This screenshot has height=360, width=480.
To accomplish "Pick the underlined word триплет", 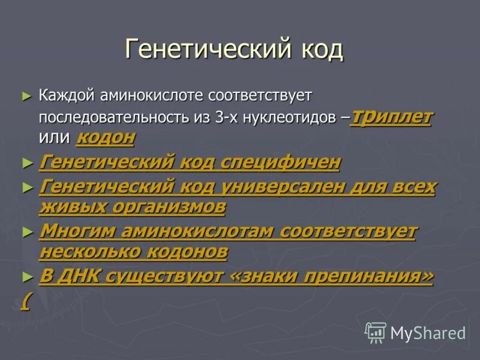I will (x=393, y=116).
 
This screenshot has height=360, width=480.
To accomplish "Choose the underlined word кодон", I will (x=106, y=138).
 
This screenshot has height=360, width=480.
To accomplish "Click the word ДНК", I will (x=80, y=277).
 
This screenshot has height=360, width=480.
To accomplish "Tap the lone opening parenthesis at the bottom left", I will (x=24, y=300).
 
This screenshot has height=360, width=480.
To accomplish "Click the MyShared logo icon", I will (x=376, y=331).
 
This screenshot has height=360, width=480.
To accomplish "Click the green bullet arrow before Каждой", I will (x=25, y=95).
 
